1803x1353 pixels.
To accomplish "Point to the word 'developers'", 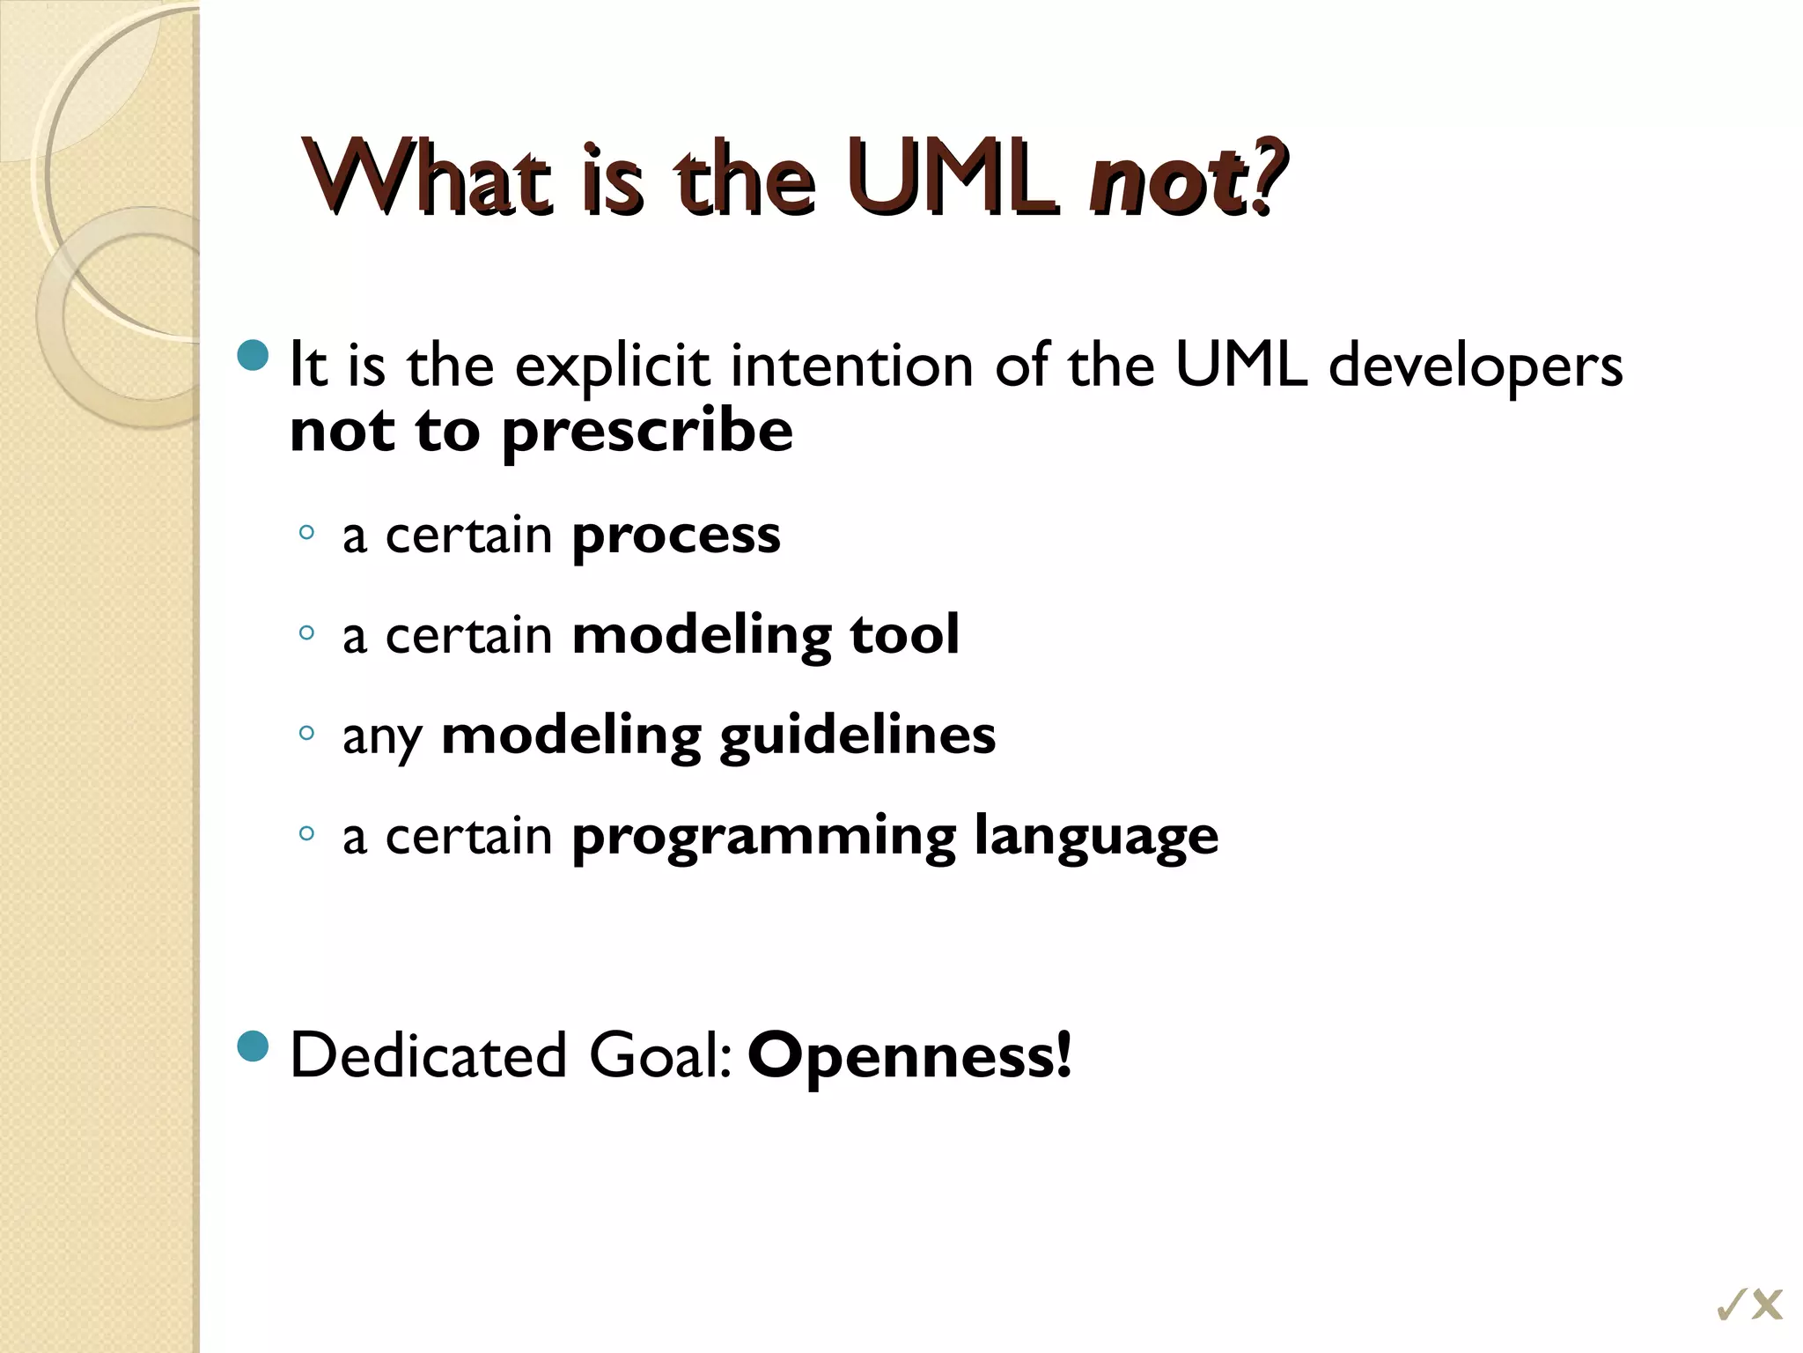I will click(x=1475, y=366).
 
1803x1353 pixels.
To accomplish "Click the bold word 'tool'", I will click(x=904, y=634).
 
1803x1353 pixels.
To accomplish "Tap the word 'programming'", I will click(x=763, y=837).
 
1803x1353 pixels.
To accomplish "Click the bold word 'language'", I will click(x=1096, y=837).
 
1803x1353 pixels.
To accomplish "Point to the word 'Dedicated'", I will click(x=428, y=1055).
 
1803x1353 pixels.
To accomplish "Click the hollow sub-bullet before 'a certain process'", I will click(x=305, y=532).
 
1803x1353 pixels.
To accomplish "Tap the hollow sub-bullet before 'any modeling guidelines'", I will click(x=305, y=733).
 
